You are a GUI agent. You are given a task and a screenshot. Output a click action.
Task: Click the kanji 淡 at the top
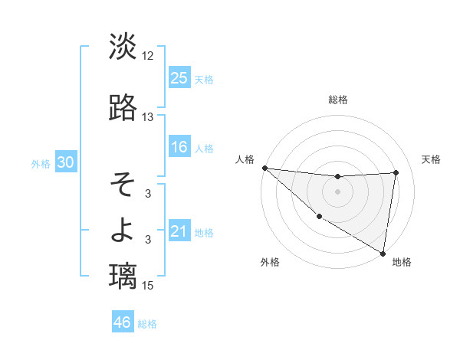click(123, 47)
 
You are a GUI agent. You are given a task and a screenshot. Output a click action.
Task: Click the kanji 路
click(123, 108)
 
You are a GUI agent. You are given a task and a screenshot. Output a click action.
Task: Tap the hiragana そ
click(123, 185)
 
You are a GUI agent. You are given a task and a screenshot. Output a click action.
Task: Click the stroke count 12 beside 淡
click(148, 56)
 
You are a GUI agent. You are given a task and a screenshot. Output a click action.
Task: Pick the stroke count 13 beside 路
click(148, 117)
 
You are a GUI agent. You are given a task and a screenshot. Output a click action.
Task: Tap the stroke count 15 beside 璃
click(148, 286)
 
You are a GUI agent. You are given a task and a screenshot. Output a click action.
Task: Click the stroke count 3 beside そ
click(148, 194)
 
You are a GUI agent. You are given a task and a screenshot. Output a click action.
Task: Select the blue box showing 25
click(179, 77)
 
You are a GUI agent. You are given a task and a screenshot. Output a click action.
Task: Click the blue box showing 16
click(179, 147)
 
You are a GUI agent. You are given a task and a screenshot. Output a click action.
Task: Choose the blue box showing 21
click(179, 231)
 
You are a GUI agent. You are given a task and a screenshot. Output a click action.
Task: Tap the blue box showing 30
click(65, 162)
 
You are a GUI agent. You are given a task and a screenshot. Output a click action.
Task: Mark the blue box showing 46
click(123, 322)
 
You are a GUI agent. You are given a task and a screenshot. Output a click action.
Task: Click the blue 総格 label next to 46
click(147, 324)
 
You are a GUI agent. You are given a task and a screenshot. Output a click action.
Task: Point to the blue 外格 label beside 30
click(41, 163)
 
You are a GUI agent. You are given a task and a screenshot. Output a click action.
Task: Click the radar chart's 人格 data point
click(264, 168)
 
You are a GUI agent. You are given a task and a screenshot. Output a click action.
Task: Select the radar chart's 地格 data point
click(383, 253)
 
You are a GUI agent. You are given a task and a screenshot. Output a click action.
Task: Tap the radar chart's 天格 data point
click(396, 172)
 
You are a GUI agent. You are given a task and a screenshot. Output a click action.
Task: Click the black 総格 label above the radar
click(337, 100)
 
